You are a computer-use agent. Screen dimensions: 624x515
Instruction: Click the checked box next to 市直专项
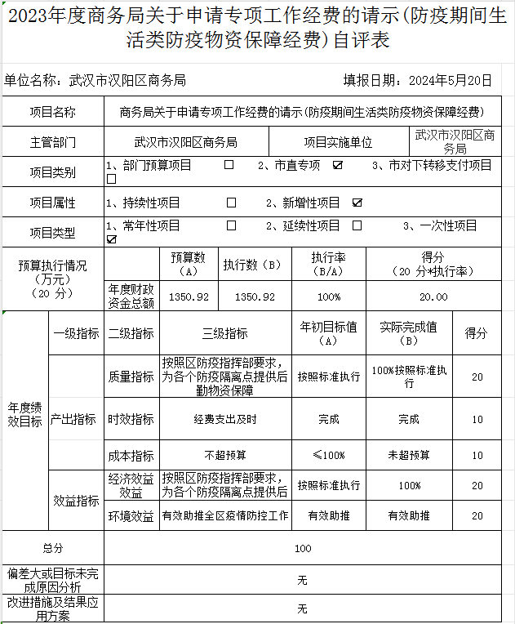[x=337, y=166]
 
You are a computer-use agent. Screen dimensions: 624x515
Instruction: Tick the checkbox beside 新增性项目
[x=357, y=203]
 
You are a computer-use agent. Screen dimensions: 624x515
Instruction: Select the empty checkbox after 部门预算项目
[x=229, y=165]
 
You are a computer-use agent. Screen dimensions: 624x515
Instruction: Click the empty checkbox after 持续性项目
[x=232, y=202]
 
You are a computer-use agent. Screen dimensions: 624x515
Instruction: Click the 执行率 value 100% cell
[x=328, y=296]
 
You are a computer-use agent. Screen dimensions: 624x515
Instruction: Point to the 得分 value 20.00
[x=433, y=296]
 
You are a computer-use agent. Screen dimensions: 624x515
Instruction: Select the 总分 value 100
[x=303, y=548]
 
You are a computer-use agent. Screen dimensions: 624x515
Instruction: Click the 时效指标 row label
[x=131, y=419]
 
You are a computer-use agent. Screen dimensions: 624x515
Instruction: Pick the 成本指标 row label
[x=131, y=455]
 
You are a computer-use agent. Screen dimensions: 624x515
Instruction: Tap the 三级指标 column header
[x=224, y=333]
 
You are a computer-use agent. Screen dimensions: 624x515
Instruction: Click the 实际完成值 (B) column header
[x=408, y=333]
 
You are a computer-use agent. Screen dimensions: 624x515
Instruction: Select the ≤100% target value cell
[x=328, y=455]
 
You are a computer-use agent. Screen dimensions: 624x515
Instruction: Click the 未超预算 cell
[x=408, y=455]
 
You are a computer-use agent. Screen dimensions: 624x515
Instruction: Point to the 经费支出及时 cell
[x=224, y=419]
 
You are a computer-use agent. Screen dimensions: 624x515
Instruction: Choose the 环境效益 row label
[x=131, y=516]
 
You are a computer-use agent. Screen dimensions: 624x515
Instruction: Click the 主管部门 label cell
[x=53, y=142]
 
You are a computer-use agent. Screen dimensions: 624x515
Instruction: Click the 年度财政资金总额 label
[x=131, y=296]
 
